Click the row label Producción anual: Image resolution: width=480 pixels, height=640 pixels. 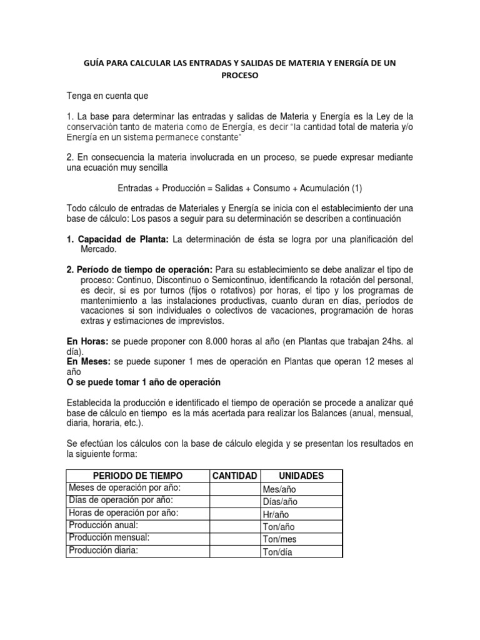click(104, 526)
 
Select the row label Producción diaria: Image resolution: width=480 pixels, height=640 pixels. click(103, 551)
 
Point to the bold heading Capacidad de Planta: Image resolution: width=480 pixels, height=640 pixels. click(122, 239)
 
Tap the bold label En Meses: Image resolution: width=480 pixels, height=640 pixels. click(89, 362)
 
